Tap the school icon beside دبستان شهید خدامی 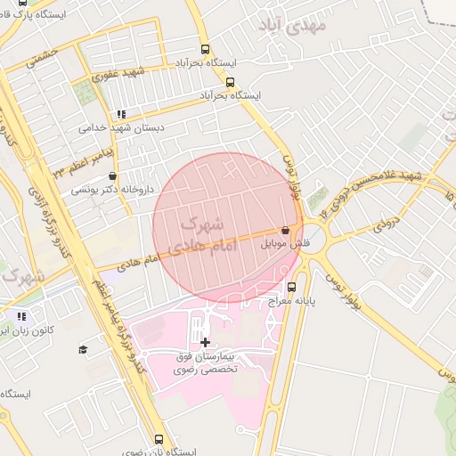[121, 114]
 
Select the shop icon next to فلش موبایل [285, 229]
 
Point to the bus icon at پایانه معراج [292, 287]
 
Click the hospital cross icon [206, 342]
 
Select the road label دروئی [384, 220]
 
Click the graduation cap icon [83, 349]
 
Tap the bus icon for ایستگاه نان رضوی [159, 439]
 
